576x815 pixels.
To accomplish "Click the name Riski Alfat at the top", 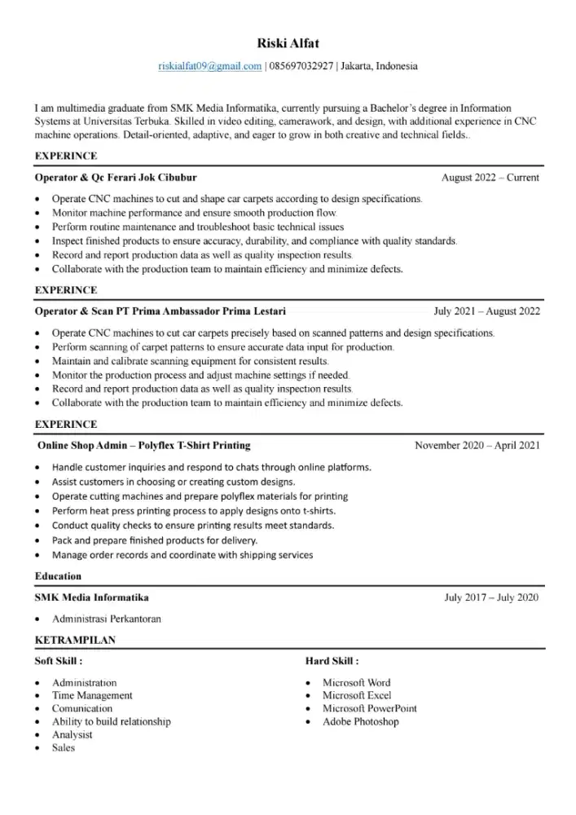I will [288, 43].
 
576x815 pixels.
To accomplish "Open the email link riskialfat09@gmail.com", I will [209, 66].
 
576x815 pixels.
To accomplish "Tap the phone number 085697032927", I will [301, 66].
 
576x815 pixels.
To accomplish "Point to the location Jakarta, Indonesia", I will [379, 66].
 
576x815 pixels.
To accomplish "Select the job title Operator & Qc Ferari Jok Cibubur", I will [116, 177].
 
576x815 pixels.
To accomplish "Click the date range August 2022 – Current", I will [490, 177].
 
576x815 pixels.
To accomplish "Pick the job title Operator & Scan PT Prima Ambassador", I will [160, 311].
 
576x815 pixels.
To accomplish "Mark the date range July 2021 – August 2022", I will [486, 311].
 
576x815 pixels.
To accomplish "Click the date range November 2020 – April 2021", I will [477, 446].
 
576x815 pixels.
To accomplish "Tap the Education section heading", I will [58, 576].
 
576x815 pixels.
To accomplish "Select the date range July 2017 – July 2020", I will [491, 597].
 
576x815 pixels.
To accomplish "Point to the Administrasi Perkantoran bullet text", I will [107, 619].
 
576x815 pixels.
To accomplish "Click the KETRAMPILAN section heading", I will [75, 640].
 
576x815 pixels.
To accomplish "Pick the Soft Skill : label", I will [58, 661].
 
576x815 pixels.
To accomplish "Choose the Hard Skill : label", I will [332, 661].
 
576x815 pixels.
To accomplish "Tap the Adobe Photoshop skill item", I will [360, 721].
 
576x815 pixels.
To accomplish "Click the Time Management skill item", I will [92, 695].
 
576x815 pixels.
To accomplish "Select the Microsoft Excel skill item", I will [357, 695].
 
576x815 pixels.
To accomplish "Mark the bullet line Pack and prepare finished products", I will [155, 540].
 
